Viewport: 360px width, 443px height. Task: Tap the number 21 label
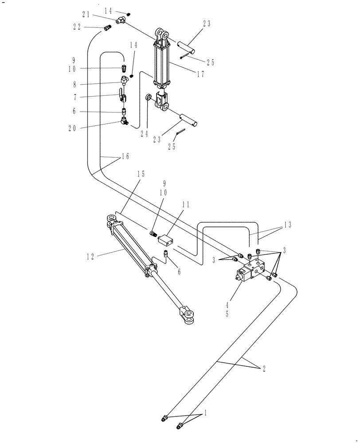pos(86,15)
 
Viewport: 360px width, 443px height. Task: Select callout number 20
pos(72,128)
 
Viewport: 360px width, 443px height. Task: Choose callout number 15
pos(141,175)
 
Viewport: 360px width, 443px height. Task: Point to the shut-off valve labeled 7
pos(121,94)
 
